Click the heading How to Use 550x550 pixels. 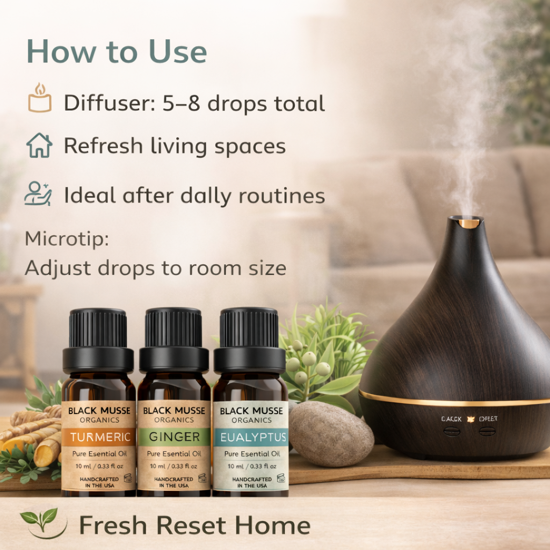(117, 52)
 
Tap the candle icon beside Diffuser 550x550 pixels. (40, 99)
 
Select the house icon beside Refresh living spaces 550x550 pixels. (39, 146)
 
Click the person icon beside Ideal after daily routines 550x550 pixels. (38, 194)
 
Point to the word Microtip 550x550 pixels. (67, 239)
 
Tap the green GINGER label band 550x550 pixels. (174, 437)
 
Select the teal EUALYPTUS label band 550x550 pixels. (250, 437)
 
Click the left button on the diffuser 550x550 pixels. (452, 431)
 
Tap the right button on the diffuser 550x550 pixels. (487, 431)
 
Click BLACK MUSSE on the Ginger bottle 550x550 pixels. (174, 411)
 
